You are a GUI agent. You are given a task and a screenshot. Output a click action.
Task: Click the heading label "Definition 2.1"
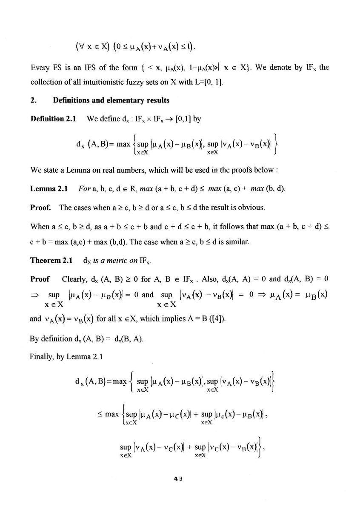click(x=53, y=119)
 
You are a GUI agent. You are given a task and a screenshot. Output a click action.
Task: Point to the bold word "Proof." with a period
click(x=41, y=207)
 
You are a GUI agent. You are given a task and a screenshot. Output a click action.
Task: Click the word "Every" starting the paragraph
click(x=40, y=67)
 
